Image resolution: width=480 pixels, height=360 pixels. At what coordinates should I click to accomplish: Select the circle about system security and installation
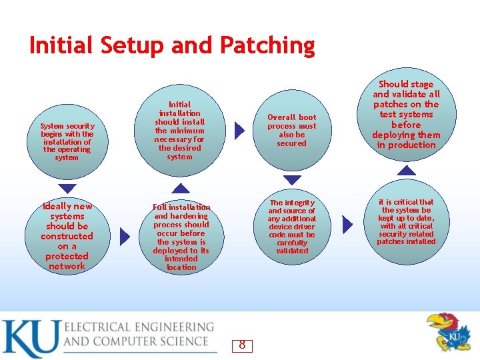click(67, 141)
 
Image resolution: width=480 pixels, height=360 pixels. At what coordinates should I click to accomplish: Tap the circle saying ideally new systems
click(67, 236)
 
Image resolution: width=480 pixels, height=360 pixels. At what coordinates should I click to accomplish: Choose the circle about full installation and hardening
click(181, 237)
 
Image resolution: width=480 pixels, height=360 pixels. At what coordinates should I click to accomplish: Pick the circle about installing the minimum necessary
click(180, 131)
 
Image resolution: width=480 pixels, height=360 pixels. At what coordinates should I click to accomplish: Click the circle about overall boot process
click(292, 130)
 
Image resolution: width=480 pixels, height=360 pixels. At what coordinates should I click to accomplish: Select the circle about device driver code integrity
click(292, 227)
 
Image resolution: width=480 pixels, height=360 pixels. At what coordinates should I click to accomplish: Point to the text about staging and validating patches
click(406, 114)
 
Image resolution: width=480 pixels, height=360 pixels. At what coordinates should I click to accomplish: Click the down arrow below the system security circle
click(67, 189)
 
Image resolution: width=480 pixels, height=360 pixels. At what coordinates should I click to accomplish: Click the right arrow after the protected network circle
click(125, 236)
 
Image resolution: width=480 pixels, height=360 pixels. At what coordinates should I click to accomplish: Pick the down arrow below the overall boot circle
click(293, 181)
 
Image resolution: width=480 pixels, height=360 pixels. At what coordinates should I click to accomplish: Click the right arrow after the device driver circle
click(347, 225)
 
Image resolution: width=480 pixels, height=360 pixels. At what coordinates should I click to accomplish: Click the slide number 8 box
click(242, 345)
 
